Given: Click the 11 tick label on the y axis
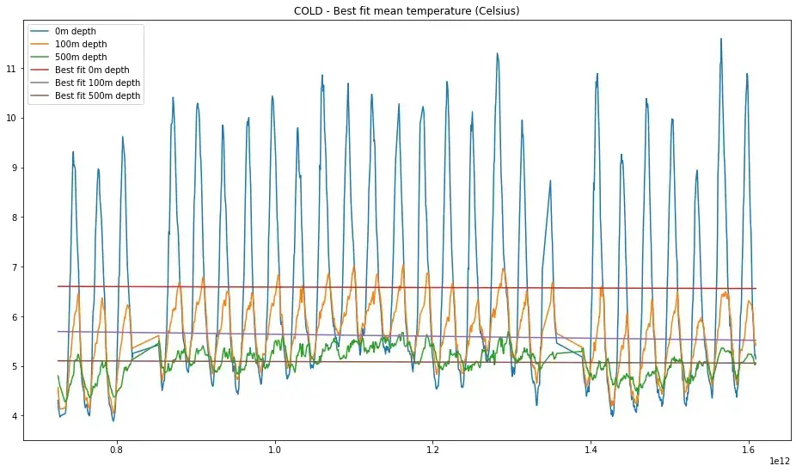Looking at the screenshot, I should click(11, 68).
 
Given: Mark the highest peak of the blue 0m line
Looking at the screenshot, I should click(720, 39).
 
